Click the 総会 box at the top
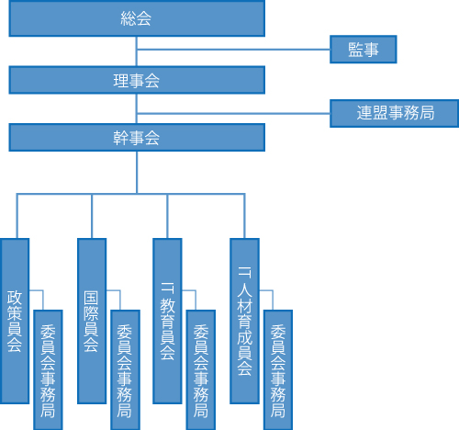pos(137,18)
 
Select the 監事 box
pos(364,50)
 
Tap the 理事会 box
pos(137,80)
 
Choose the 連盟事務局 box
pos(394,113)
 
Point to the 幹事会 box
pos(137,138)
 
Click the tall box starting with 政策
pos(15,321)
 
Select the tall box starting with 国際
pos(92,321)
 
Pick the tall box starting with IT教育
pos(167,321)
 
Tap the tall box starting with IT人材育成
pos(244,321)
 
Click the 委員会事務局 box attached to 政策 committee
pos(48,370)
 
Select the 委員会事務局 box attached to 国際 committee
pos(125,370)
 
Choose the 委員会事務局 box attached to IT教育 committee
pos(201,370)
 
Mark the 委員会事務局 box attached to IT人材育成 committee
pos(278,370)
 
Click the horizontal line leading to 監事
pos(233,49)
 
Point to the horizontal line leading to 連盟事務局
pos(233,113)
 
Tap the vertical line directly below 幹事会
pos(137,173)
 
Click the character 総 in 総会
pos(128,18)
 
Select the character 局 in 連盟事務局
pos(427,113)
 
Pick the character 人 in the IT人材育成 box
pos(245,289)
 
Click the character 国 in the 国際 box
pos(91,299)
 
